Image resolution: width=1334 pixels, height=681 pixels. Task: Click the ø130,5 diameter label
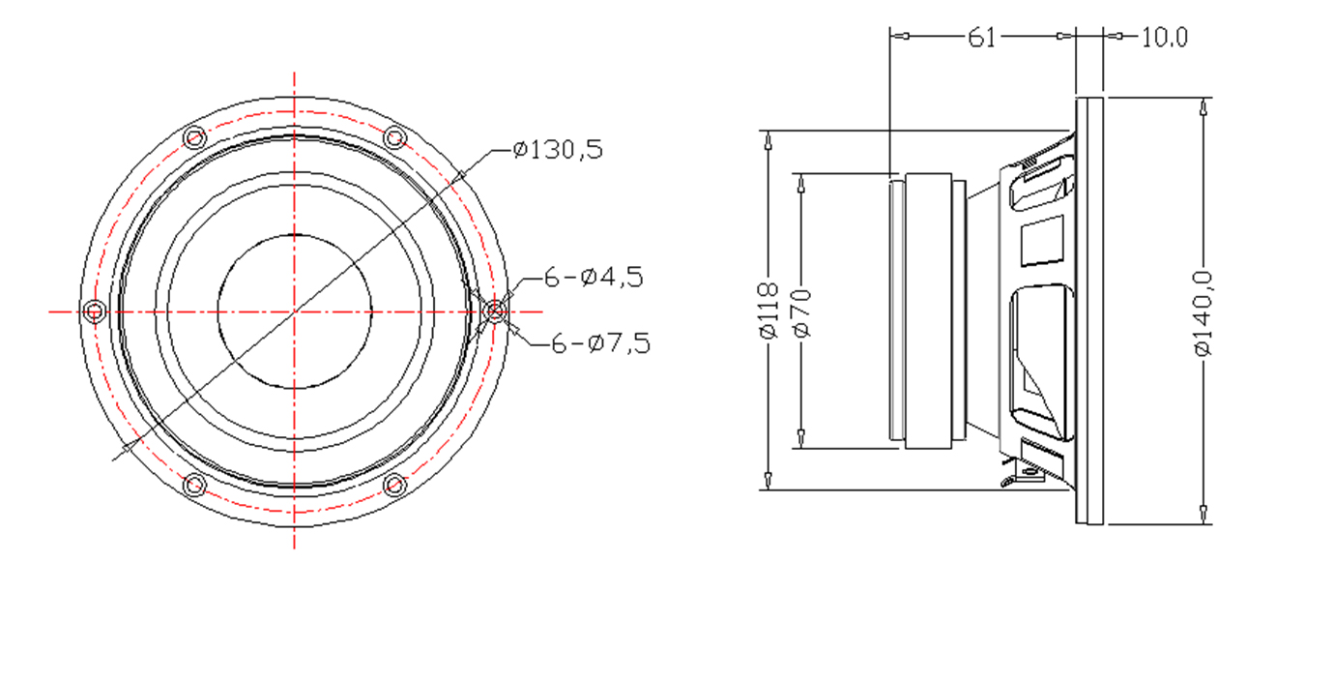point(558,149)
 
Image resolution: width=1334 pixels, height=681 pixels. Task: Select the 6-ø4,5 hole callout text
point(594,278)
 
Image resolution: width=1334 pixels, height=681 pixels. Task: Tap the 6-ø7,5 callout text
point(601,343)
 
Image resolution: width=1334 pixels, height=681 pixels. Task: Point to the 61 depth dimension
point(981,37)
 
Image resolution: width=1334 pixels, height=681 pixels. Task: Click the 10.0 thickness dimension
point(1164,37)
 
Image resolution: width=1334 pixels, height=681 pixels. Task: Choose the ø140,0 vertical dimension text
point(1203,313)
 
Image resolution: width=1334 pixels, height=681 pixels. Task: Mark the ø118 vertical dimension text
point(768,311)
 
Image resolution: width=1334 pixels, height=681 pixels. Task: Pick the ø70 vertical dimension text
point(802,313)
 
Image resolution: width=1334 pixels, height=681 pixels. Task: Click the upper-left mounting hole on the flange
point(194,138)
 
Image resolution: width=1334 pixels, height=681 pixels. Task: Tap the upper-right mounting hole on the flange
point(394,138)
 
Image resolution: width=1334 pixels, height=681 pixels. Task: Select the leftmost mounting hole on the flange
point(94,311)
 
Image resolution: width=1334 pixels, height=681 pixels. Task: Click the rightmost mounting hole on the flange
point(495,311)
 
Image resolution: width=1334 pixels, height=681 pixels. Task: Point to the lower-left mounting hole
point(194,485)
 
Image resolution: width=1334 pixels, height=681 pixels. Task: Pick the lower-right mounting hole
point(394,485)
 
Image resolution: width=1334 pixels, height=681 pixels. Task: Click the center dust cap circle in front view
point(295,234)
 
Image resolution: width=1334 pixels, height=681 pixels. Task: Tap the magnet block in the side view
point(928,311)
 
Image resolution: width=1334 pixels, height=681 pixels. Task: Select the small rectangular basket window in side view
point(1042,241)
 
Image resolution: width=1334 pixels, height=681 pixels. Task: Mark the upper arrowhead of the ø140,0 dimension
point(1203,107)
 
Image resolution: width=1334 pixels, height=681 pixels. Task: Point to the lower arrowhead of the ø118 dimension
point(768,481)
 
